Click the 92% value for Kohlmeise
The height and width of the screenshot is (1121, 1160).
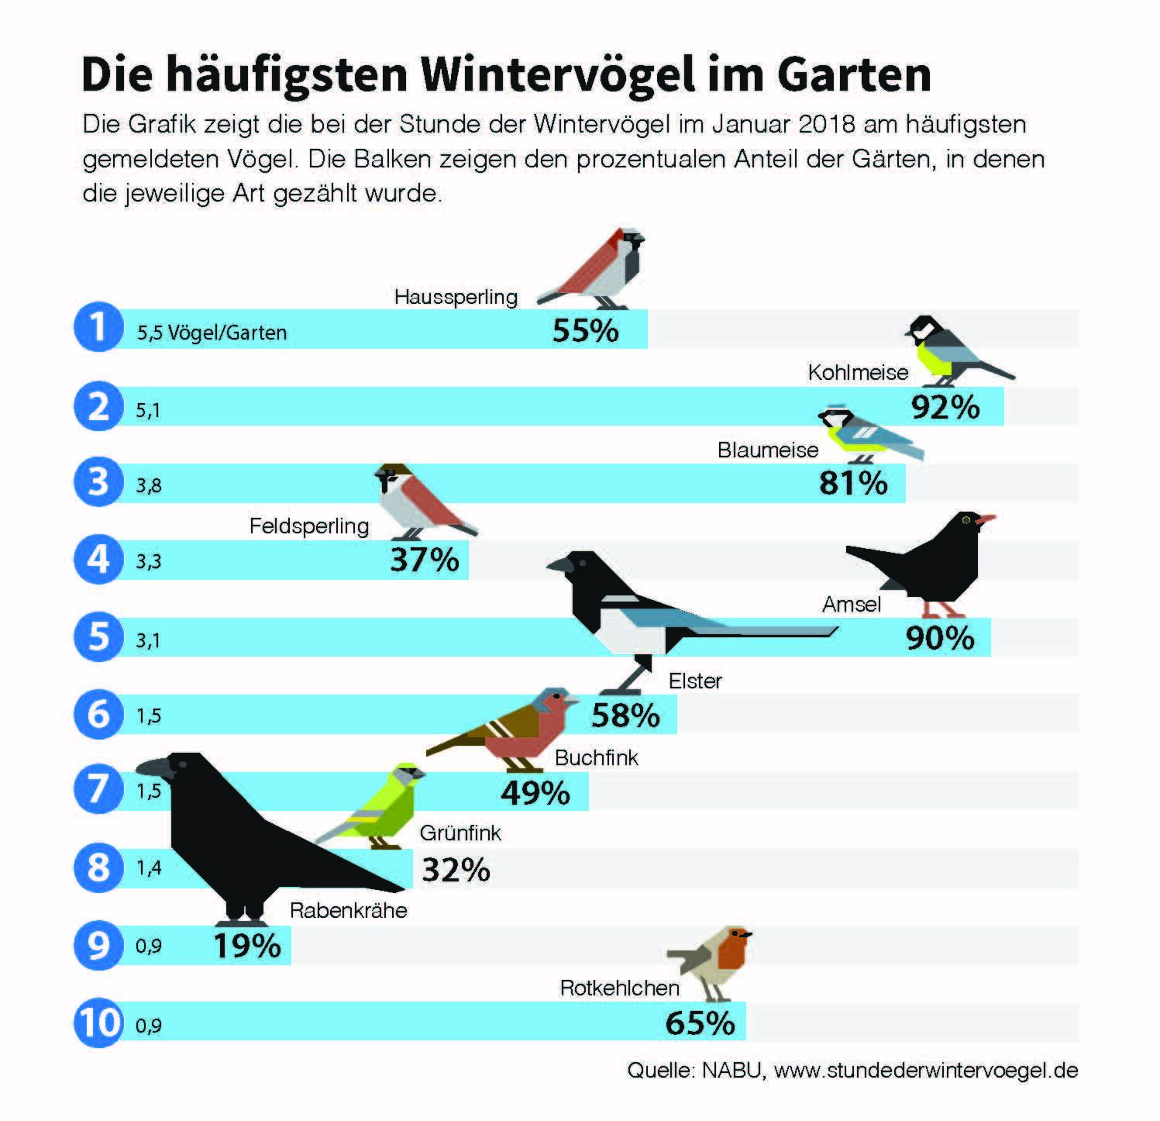tap(945, 407)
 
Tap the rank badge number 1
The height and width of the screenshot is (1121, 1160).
tap(98, 328)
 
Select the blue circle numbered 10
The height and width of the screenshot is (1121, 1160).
tap(99, 1023)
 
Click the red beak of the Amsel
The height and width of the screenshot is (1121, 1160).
tap(986, 519)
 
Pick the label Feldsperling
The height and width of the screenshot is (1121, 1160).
tap(308, 526)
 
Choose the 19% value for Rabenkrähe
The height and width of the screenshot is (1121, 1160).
tap(247, 946)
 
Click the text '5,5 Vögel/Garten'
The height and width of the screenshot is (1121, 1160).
tap(212, 333)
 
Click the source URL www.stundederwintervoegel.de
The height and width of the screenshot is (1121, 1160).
tap(926, 1071)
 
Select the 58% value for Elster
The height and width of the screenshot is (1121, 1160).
tap(625, 715)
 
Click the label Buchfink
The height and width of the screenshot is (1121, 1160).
tap(597, 757)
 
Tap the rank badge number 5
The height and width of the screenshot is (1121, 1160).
tap(98, 636)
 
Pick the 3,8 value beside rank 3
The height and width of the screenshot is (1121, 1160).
tap(149, 486)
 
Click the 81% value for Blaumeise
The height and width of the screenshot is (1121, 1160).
tap(853, 484)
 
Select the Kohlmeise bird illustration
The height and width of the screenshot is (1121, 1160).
tap(949, 349)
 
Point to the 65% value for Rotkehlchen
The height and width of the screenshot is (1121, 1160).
tap(700, 1023)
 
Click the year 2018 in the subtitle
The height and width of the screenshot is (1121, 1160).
tap(830, 124)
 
